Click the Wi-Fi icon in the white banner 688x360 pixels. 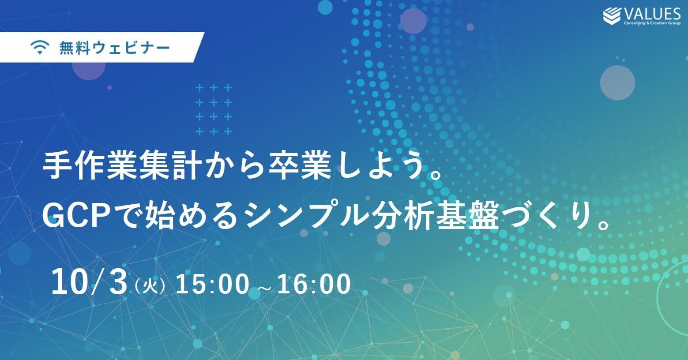point(40,48)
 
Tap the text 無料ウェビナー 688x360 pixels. point(115,48)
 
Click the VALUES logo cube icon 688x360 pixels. point(612,16)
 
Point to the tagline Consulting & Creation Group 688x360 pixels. point(652,23)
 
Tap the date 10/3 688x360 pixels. point(90,282)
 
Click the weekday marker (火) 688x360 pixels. point(150,286)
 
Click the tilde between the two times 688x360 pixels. point(263,288)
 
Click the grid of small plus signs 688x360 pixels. point(214,110)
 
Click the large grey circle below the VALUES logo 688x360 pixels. point(617,82)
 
